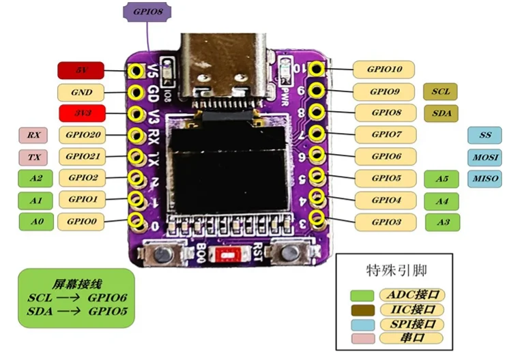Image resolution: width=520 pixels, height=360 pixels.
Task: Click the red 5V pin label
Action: pos(81,70)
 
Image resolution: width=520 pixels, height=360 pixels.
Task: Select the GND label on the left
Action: pos(81,92)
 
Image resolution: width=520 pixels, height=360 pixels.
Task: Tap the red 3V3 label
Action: pos(81,113)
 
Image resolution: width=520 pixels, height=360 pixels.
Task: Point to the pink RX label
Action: pos(33,135)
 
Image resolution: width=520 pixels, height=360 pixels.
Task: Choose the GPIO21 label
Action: pos(85,157)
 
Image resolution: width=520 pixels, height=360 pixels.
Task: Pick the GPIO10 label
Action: pos(384,70)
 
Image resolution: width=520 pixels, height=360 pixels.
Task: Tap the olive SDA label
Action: pos(440,113)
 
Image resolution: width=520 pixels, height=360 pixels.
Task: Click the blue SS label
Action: pos(485,135)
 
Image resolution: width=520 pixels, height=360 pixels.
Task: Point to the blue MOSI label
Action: pos(485,157)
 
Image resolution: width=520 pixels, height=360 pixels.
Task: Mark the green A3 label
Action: pos(442,222)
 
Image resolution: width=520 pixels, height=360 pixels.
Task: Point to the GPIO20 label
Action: pos(85,135)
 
